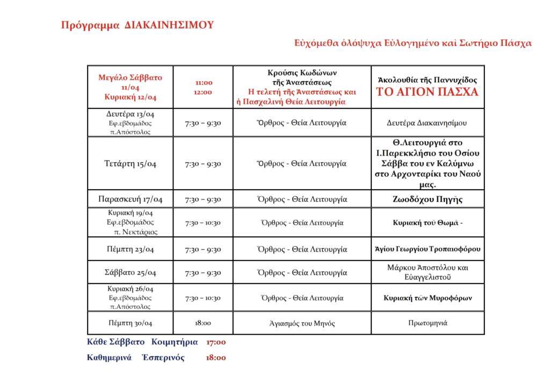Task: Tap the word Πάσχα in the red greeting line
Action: point(515,43)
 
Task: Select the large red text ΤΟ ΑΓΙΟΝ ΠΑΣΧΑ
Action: point(427,92)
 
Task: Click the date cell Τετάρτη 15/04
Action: point(130,164)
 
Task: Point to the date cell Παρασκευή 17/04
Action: point(130,199)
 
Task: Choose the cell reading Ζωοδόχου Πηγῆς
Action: point(428,199)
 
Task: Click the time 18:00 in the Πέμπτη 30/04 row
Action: point(203,323)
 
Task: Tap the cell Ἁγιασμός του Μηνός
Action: point(302,323)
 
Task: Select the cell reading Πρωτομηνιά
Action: point(428,323)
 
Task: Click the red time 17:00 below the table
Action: point(216,342)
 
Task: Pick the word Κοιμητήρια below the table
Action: point(175,342)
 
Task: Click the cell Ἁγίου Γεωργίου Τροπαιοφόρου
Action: point(428,249)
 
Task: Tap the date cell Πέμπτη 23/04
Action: point(130,249)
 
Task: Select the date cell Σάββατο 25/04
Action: point(130,272)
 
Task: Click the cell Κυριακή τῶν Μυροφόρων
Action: point(428,298)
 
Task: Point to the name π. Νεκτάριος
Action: point(136,232)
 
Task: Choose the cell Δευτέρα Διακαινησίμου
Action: point(428,123)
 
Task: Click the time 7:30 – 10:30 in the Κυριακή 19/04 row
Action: point(203,222)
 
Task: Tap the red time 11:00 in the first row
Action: point(204,83)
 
